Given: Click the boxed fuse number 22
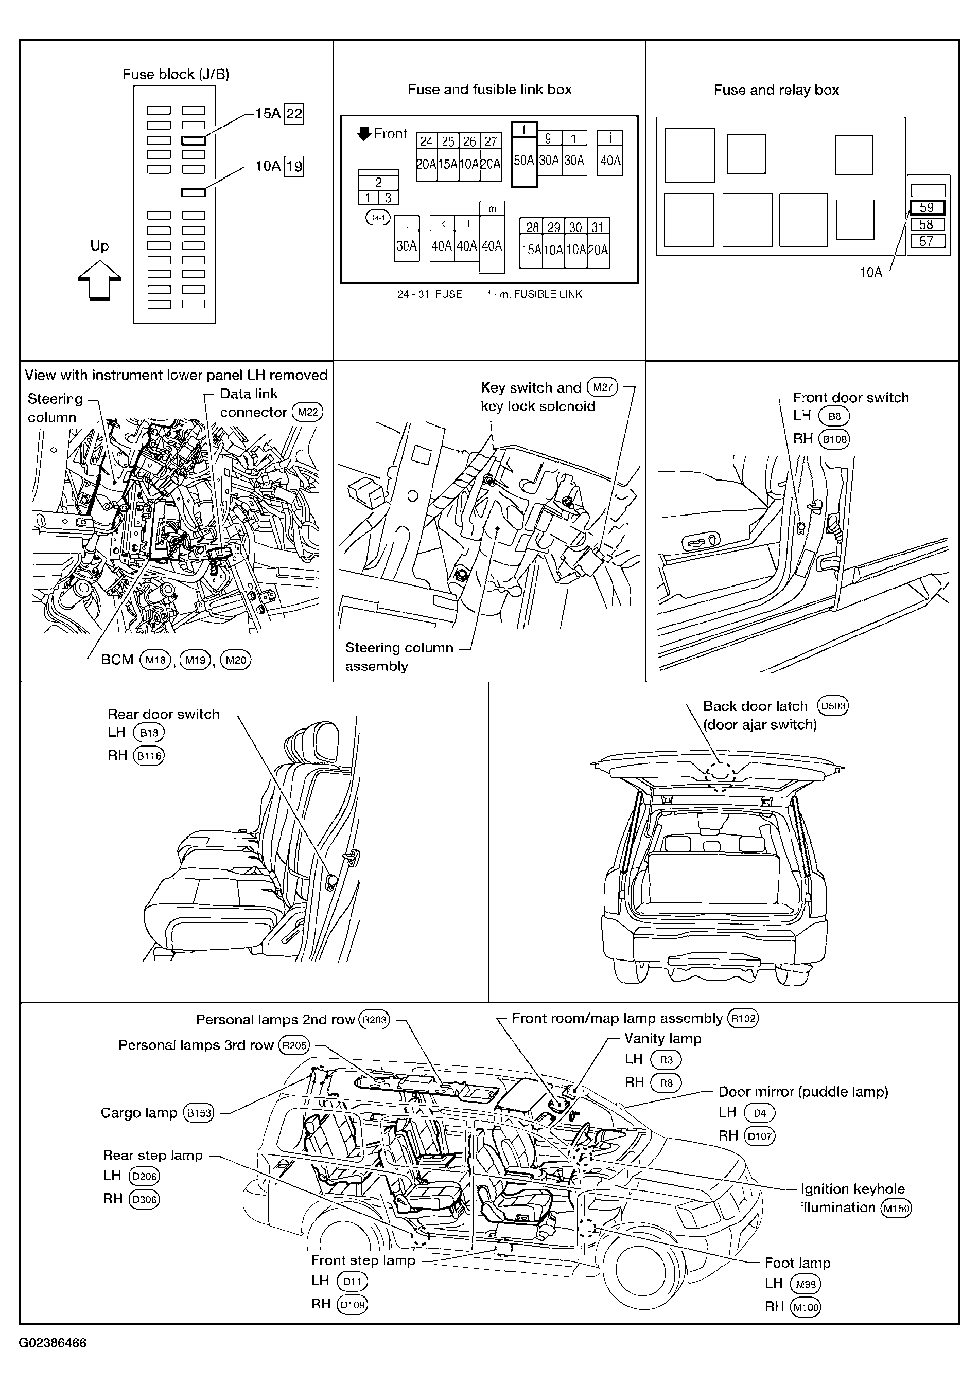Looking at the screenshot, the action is coord(294,114).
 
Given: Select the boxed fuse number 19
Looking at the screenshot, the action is coord(294,166).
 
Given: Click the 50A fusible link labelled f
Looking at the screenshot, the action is coord(524,155).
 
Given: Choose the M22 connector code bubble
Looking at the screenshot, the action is coord(307,412).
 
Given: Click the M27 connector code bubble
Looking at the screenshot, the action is coord(602,387).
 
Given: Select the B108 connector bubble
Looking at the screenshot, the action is coord(834,439).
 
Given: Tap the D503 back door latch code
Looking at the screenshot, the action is coord(833,706).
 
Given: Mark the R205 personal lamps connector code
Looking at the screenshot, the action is coord(294,1045).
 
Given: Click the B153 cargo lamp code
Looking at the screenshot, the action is coord(199,1112).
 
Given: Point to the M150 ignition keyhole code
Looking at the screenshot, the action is coord(896,1208).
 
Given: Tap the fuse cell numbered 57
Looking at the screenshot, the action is coord(927,241).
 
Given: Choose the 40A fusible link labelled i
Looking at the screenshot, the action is coord(610,153).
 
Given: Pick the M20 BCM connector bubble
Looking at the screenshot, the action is coord(236,660).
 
